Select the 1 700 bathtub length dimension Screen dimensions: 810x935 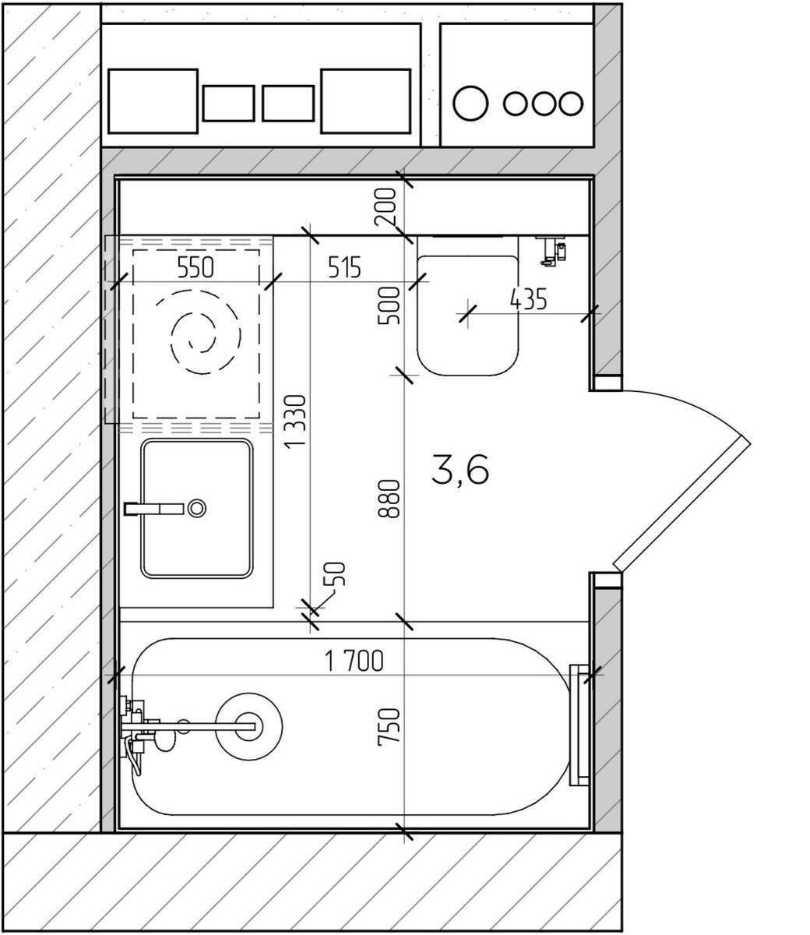tap(354, 661)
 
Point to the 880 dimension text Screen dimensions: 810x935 tap(389, 499)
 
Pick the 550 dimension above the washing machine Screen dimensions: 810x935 tap(195, 267)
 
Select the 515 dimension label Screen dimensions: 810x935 tap(344, 267)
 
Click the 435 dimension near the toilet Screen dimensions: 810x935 tap(528, 299)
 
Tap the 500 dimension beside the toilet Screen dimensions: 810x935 tap(389, 305)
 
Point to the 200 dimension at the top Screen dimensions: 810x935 tap(385, 207)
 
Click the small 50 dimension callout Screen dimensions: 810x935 tap(337, 574)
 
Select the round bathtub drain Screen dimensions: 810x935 tap(248, 727)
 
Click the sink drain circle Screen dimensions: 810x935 tap(197, 508)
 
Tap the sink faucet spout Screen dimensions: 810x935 tap(153, 509)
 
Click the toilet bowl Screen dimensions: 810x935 tap(467, 316)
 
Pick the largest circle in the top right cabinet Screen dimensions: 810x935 tap(470, 103)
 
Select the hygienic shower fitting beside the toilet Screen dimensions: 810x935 tap(551, 250)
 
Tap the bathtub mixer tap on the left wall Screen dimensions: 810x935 tap(140, 729)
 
